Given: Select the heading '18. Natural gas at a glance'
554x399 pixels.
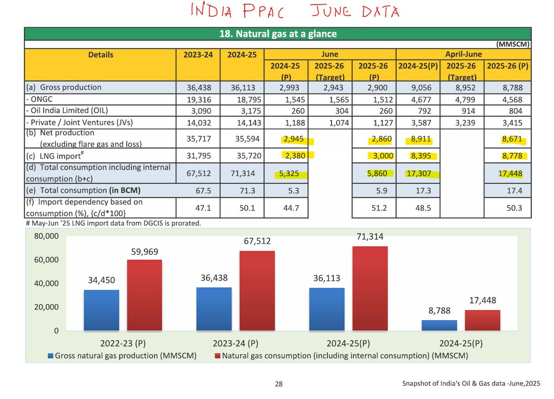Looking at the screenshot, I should (277, 34).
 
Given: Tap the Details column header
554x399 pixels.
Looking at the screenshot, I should (100, 54).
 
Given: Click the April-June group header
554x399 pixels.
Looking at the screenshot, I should (463, 54).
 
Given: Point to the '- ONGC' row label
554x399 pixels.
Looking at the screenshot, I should (42, 99).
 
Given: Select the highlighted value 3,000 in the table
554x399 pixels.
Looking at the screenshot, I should (382, 155).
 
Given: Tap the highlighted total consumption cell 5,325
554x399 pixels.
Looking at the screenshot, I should (296, 174).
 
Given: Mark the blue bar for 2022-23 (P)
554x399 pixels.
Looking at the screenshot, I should (101, 310).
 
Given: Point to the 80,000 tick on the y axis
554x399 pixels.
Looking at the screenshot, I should (47, 237).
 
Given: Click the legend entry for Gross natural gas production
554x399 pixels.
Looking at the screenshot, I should (122, 356).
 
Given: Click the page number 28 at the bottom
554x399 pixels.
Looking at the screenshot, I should (278, 384).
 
